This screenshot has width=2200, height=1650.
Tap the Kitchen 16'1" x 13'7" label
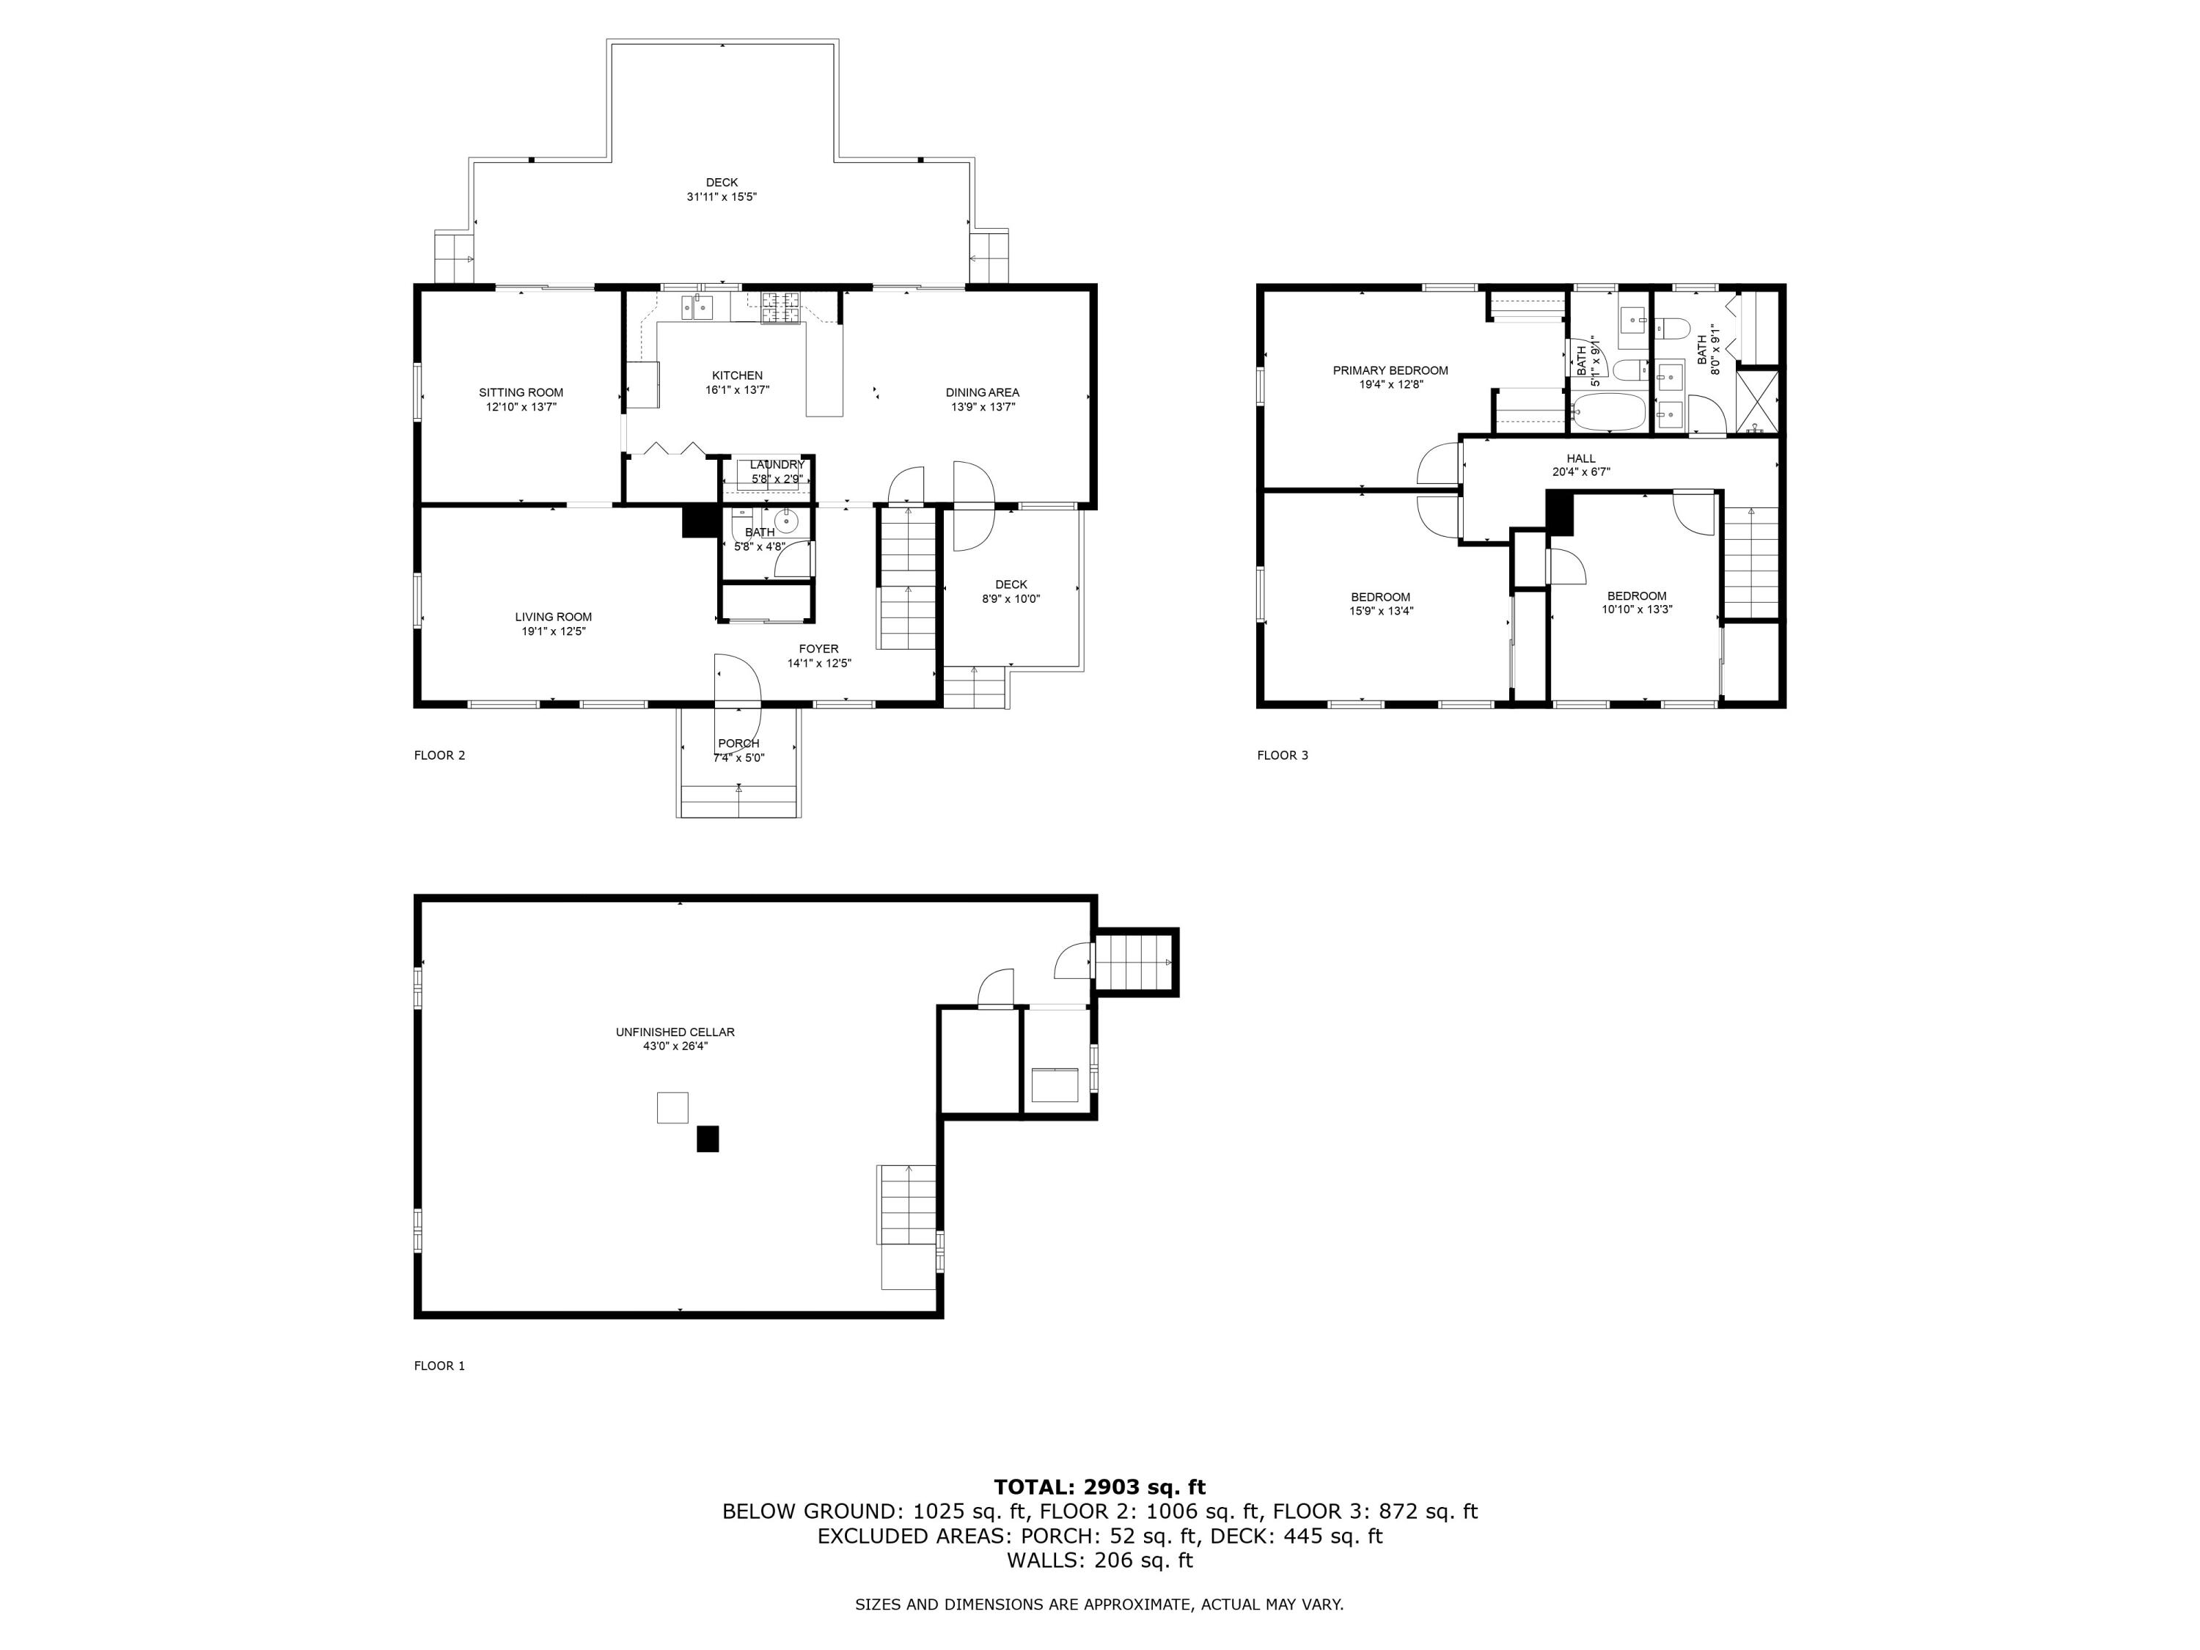[x=737, y=383]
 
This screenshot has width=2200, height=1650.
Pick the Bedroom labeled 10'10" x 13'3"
[x=1636, y=603]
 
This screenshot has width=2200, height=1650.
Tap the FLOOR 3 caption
[x=1282, y=755]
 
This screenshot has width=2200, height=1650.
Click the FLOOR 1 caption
[x=439, y=1365]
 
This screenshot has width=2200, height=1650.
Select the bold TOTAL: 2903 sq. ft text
[x=1099, y=1487]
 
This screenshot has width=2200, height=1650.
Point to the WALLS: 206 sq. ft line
[x=1099, y=1561]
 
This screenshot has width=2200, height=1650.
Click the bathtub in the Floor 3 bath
[x=1607, y=411]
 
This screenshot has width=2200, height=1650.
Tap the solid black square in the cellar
[x=707, y=1139]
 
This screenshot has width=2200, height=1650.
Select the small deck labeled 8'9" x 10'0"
[x=1011, y=592]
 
